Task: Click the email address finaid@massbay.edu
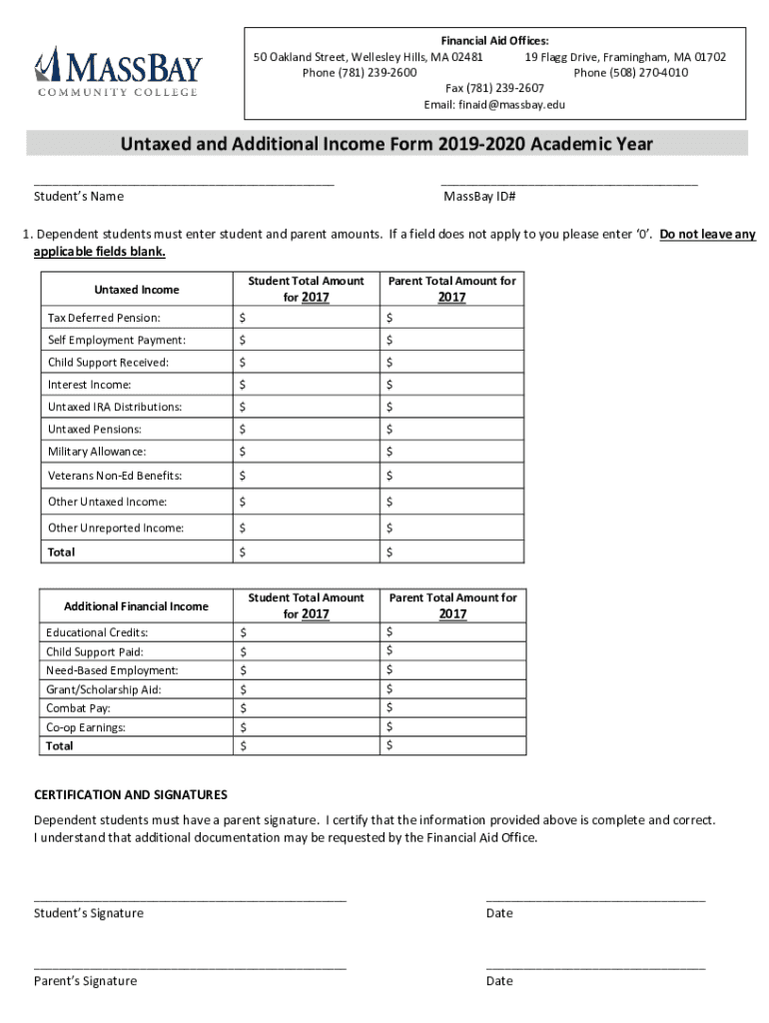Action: pyautogui.click(x=494, y=105)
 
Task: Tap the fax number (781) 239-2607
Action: pyautogui.click(x=494, y=88)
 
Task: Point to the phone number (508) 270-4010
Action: pyautogui.click(x=630, y=73)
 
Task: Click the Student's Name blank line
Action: pyautogui.click(x=184, y=183)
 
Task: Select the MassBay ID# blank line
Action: pyautogui.click(x=568, y=183)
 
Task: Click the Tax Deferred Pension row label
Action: pyautogui.click(x=104, y=318)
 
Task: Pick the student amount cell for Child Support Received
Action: pyautogui.click(x=305, y=363)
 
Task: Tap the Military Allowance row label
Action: pyautogui.click(x=97, y=452)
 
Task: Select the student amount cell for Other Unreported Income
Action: pyautogui.click(x=305, y=527)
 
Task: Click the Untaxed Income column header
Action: pyautogui.click(x=137, y=290)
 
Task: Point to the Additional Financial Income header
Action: pyautogui.click(x=136, y=606)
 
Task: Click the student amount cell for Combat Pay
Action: pyautogui.click(x=305, y=708)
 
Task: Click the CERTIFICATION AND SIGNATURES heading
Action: pyautogui.click(x=131, y=795)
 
